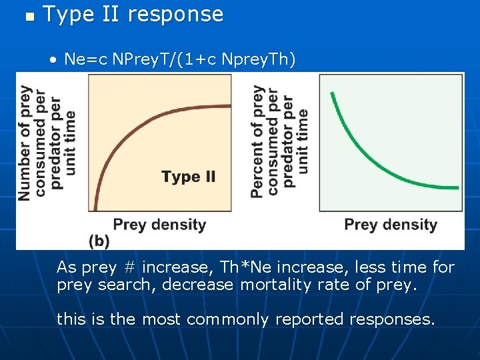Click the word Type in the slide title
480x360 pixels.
click(x=67, y=15)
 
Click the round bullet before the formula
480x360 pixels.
click(x=53, y=61)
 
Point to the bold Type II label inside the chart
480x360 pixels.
click(x=189, y=177)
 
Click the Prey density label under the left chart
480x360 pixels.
click(x=159, y=224)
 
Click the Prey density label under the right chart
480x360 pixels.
click(x=391, y=224)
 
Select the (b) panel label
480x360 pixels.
click(x=99, y=240)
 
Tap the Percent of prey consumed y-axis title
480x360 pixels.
click(x=280, y=141)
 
